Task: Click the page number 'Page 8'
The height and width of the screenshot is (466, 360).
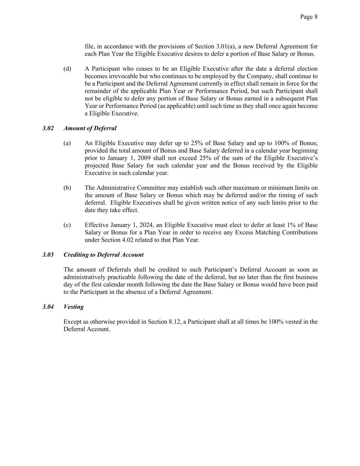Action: [x=309, y=17]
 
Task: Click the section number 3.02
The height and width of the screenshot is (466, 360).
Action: [x=48, y=128]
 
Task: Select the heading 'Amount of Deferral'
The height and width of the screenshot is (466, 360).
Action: [x=90, y=128]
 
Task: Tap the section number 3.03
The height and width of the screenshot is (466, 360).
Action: [x=48, y=255]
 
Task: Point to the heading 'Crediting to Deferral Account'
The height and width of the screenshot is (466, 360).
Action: [x=103, y=255]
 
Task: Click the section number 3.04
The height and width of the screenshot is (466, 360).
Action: [x=48, y=307]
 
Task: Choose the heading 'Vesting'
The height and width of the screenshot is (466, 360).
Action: [x=73, y=307]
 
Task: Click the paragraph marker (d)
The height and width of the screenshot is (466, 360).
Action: [x=67, y=69]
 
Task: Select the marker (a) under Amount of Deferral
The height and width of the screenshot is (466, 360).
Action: [x=67, y=143]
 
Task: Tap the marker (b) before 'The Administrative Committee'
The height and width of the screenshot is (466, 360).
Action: [x=67, y=188]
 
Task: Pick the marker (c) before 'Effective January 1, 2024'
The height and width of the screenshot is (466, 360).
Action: [x=67, y=225]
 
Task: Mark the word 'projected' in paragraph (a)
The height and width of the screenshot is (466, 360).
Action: [x=97, y=166]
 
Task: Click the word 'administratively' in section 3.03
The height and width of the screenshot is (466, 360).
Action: [x=85, y=277]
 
